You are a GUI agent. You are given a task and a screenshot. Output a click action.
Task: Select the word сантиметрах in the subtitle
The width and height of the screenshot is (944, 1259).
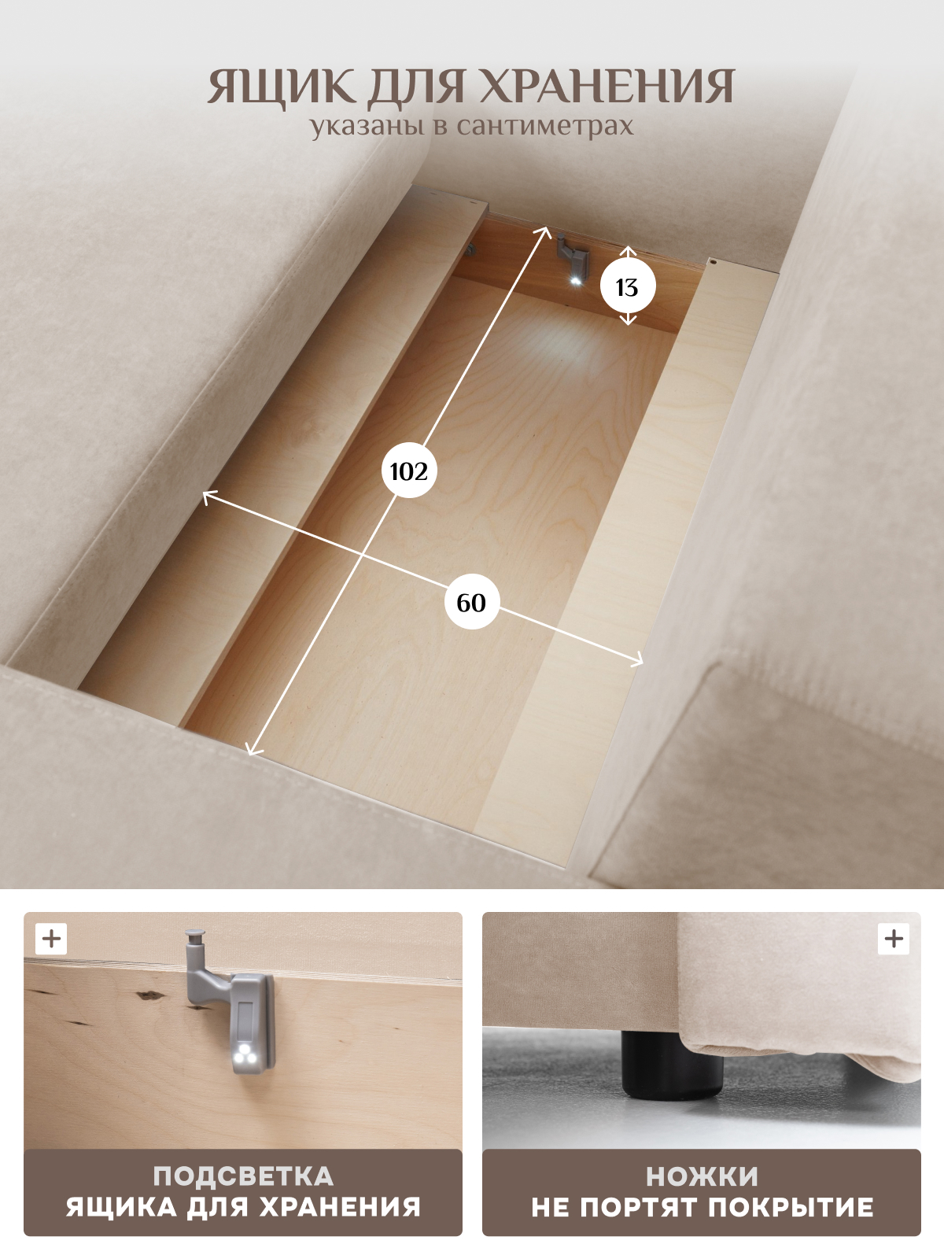545,126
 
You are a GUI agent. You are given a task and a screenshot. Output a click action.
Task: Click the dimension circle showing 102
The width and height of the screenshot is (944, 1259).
408,471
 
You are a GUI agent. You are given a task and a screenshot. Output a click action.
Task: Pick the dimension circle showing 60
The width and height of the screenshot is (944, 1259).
471,602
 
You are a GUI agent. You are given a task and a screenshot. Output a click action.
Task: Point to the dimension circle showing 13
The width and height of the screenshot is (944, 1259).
628,286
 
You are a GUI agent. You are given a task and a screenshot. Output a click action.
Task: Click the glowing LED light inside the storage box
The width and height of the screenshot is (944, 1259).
576,280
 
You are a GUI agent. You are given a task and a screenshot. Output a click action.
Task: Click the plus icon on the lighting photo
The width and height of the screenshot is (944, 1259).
52,939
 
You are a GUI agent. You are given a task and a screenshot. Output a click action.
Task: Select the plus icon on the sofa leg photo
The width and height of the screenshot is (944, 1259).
894,939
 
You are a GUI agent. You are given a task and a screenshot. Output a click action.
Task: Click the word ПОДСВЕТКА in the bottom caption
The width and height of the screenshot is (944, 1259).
243,1177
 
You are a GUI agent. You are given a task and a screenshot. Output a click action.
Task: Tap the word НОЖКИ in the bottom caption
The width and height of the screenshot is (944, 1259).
702,1177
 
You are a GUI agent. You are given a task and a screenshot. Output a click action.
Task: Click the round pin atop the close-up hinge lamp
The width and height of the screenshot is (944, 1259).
195,937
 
